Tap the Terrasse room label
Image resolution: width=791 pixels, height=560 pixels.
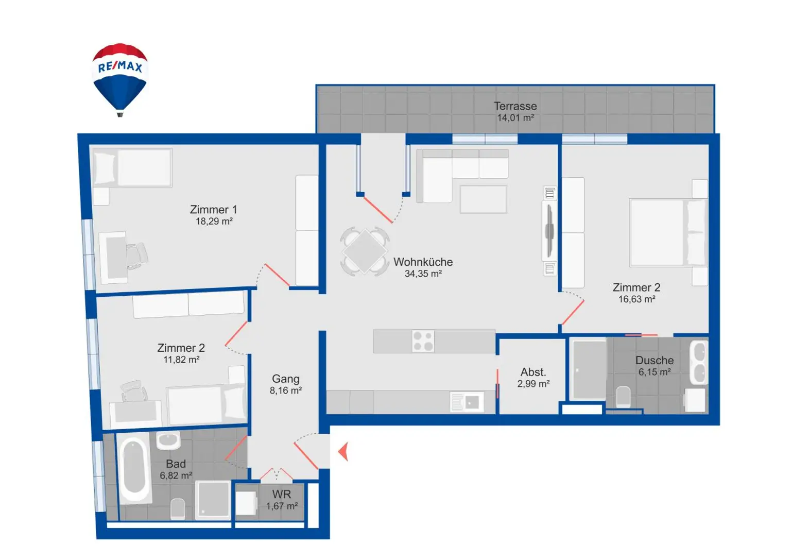515,106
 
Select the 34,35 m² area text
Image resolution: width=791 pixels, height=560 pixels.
423,274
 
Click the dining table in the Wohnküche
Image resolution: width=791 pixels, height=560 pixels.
365,251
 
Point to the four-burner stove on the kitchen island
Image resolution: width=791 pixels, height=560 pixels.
423,341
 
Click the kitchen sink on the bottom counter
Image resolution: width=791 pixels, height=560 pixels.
467,402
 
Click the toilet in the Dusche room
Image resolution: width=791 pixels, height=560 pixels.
623,397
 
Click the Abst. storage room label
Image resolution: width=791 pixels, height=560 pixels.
533,372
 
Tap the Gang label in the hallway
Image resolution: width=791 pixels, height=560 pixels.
285,379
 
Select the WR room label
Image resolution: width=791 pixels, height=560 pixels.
281,494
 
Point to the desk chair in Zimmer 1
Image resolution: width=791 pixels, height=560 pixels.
137,256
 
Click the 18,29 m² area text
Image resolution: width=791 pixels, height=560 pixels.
214,222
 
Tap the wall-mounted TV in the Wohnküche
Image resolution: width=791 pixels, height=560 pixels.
549,231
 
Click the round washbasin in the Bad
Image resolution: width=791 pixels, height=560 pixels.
168,440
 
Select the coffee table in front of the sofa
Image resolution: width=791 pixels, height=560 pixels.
483,199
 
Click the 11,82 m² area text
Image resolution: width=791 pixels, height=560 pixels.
181,360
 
